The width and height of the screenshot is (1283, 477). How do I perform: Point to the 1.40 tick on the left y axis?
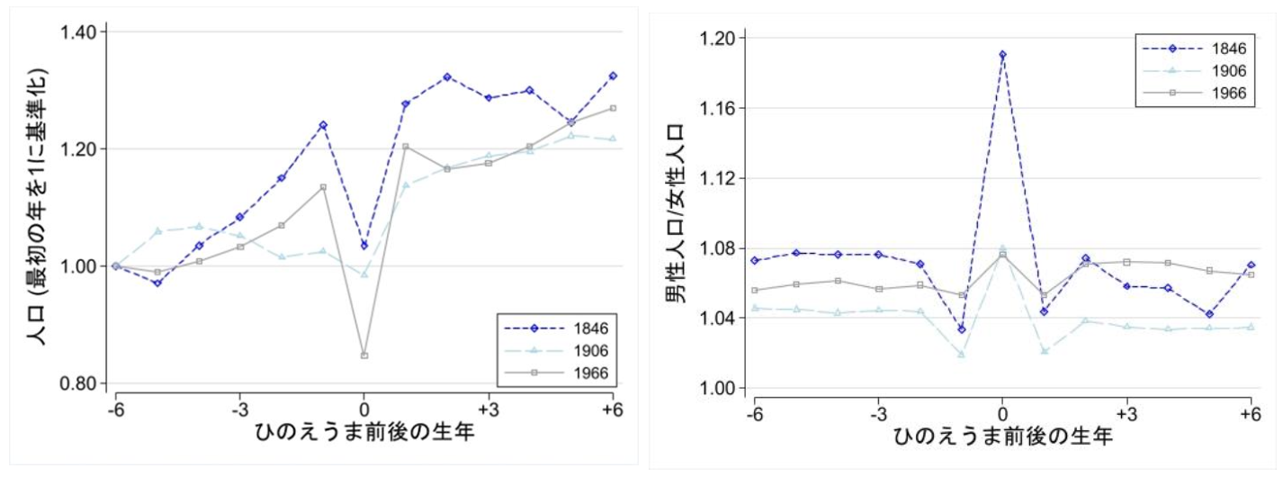[x=83, y=32]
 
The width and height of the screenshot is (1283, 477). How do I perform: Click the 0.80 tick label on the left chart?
[x=83, y=384]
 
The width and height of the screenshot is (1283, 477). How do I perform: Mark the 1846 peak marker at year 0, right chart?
[x=1002, y=54]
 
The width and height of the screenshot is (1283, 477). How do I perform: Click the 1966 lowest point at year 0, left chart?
[x=364, y=355]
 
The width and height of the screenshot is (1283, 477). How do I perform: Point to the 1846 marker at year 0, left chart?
[x=364, y=245]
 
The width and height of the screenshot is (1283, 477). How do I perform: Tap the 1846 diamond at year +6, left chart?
[x=613, y=76]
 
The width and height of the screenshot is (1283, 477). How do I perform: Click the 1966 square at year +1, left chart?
[x=406, y=147]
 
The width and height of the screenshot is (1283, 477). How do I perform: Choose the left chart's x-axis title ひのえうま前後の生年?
[x=364, y=431]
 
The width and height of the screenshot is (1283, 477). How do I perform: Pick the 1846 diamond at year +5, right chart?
[x=1209, y=314]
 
